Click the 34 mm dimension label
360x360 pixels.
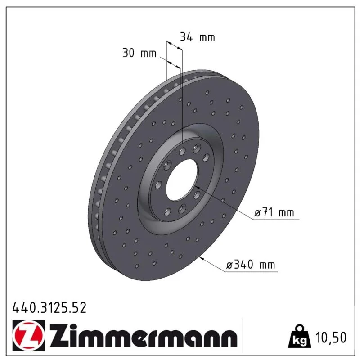198,37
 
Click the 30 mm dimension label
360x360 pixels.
139,53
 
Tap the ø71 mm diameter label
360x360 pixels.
274,212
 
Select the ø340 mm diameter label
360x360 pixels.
251,265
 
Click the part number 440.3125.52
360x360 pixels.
49,308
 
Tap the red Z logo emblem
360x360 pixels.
29,336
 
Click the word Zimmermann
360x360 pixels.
144,336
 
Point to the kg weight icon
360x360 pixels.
299,336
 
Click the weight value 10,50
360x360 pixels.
331,337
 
